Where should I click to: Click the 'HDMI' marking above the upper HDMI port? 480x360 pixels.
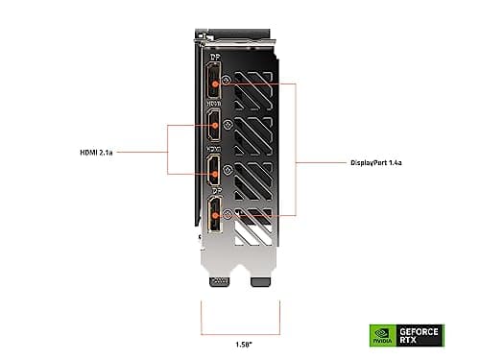click(214, 103)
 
